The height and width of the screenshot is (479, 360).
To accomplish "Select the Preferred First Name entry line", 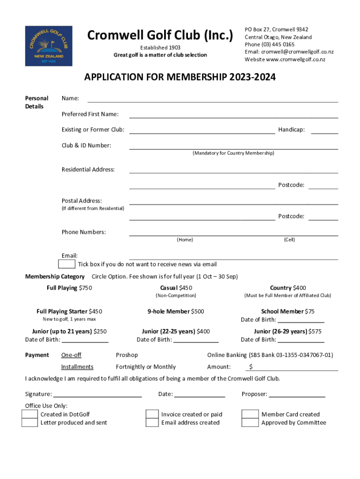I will coord(233,117).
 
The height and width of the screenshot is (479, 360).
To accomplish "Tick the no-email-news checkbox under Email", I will coord(69,265).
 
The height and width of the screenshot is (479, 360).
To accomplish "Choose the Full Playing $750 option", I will coord(69,288).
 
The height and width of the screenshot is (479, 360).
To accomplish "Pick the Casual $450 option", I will coord(176,288).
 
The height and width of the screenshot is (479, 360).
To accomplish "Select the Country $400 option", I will coord(288,288).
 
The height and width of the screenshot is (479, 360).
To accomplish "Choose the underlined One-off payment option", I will coord(71,355).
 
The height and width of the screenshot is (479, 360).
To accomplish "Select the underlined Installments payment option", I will coord(77,367).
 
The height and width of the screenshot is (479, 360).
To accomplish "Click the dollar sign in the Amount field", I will coord(251,367).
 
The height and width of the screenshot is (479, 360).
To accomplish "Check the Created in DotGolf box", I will coord(30,414).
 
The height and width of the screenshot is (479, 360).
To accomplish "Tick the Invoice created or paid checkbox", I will coord(152,414).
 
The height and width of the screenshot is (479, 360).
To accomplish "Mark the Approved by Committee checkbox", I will coord(250,423).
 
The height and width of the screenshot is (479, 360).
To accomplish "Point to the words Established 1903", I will coord(160,48).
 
